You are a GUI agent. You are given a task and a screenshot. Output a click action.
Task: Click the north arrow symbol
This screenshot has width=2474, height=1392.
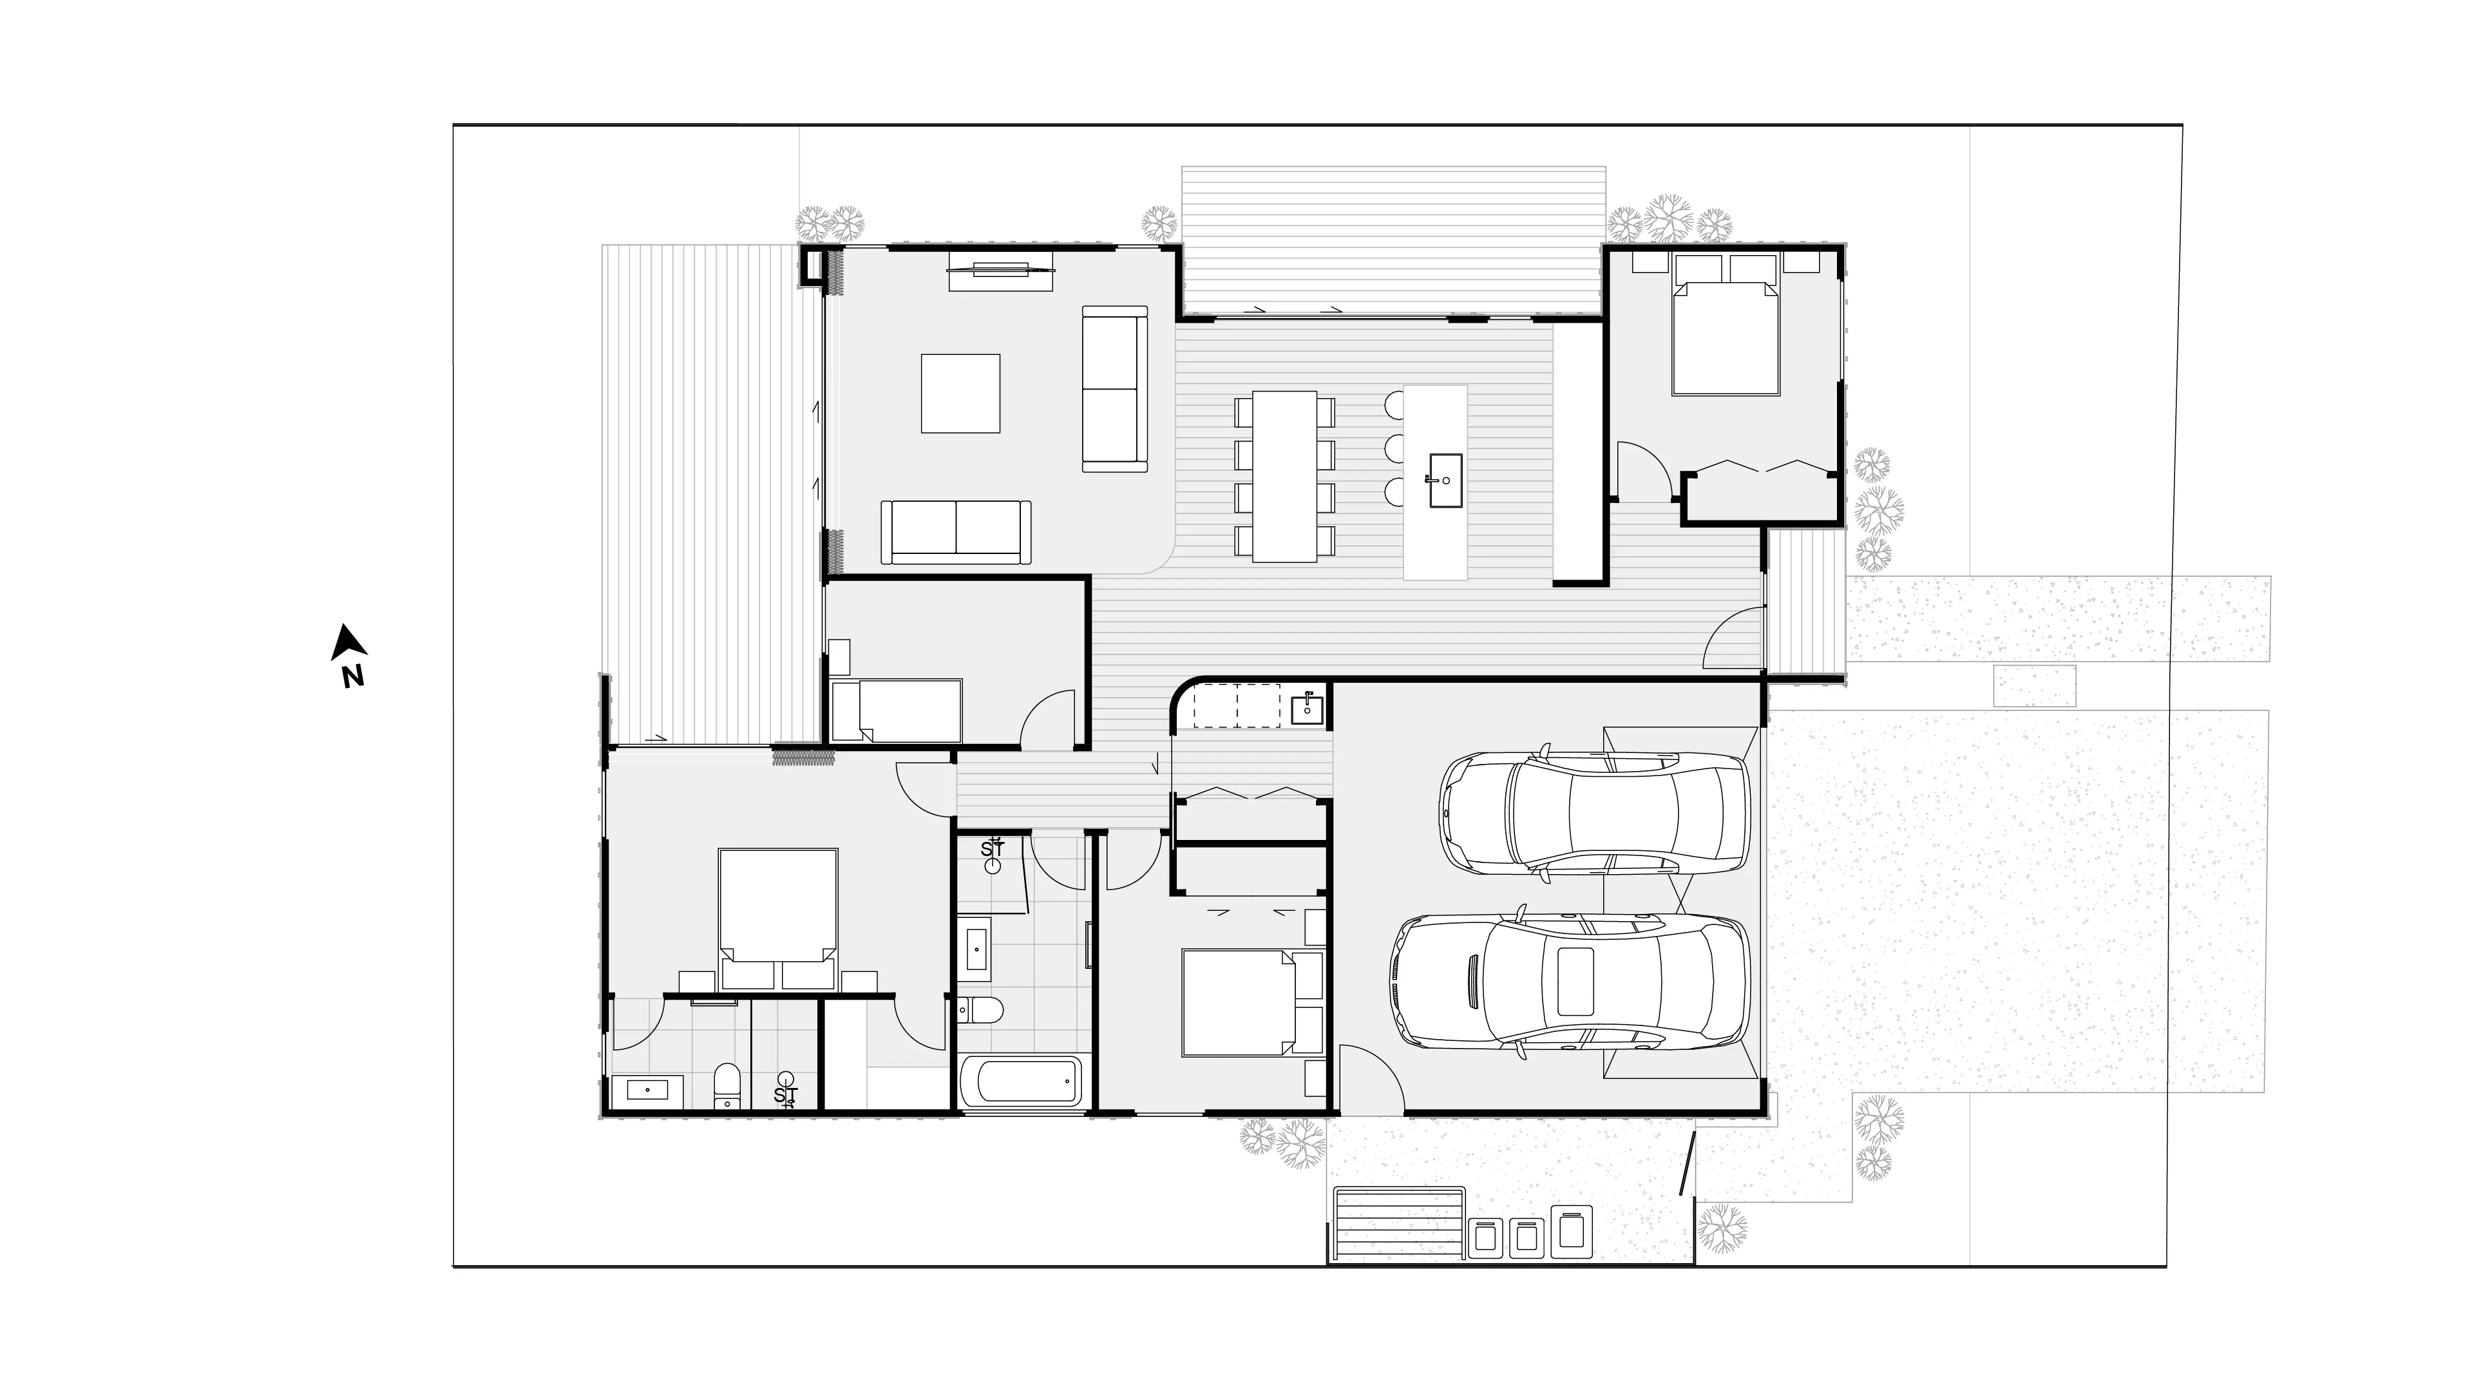[348, 643]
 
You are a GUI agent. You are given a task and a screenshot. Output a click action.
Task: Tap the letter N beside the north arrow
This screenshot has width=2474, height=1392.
[352, 676]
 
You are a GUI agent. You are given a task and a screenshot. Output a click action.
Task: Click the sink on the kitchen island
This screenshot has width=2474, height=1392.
[1445, 481]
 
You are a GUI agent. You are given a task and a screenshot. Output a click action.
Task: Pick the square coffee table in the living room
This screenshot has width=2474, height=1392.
[960, 394]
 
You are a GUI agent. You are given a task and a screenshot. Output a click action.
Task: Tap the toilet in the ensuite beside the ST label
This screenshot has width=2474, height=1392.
[728, 1085]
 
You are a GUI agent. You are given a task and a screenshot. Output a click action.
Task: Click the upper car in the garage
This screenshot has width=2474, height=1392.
[1594, 814]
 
